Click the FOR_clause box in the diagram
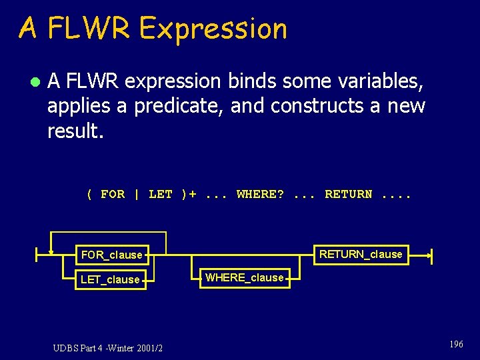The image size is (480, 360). [111, 255]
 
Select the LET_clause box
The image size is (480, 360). [110, 279]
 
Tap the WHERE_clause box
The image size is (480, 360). [244, 277]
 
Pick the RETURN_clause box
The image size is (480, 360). [361, 254]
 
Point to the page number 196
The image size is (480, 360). [456, 344]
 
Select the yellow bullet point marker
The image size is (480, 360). [34, 82]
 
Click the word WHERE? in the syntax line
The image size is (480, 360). [260, 194]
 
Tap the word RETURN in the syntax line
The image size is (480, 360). [348, 194]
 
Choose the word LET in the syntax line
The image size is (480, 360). [160, 194]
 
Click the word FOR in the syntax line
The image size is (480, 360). [112, 194]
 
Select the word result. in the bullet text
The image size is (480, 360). [75, 131]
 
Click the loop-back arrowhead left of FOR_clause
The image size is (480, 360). [51, 252]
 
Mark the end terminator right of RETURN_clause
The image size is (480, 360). [431, 254]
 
